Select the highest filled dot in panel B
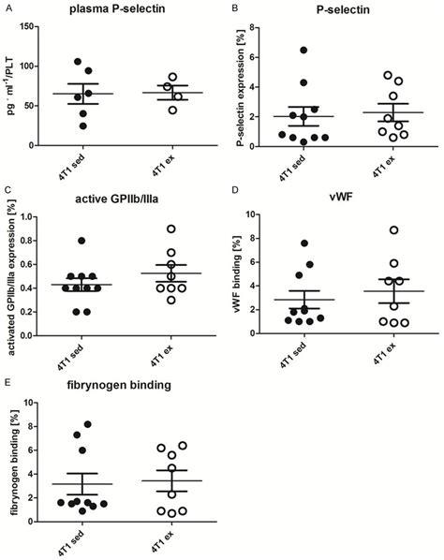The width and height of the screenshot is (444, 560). pyautogui.click(x=303, y=50)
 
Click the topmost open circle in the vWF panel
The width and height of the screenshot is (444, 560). pyautogui.click(x=368, y=229)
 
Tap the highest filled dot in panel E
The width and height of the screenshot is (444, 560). pyautogui.click(x=88, y=424)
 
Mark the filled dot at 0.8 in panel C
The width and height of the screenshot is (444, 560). pyautogui.click(x=82, y=241)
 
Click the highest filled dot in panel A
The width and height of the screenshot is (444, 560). pyautogui.click(x=79, y=62)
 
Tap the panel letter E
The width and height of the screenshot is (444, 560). pyautogui.click(x=7, y=385)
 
